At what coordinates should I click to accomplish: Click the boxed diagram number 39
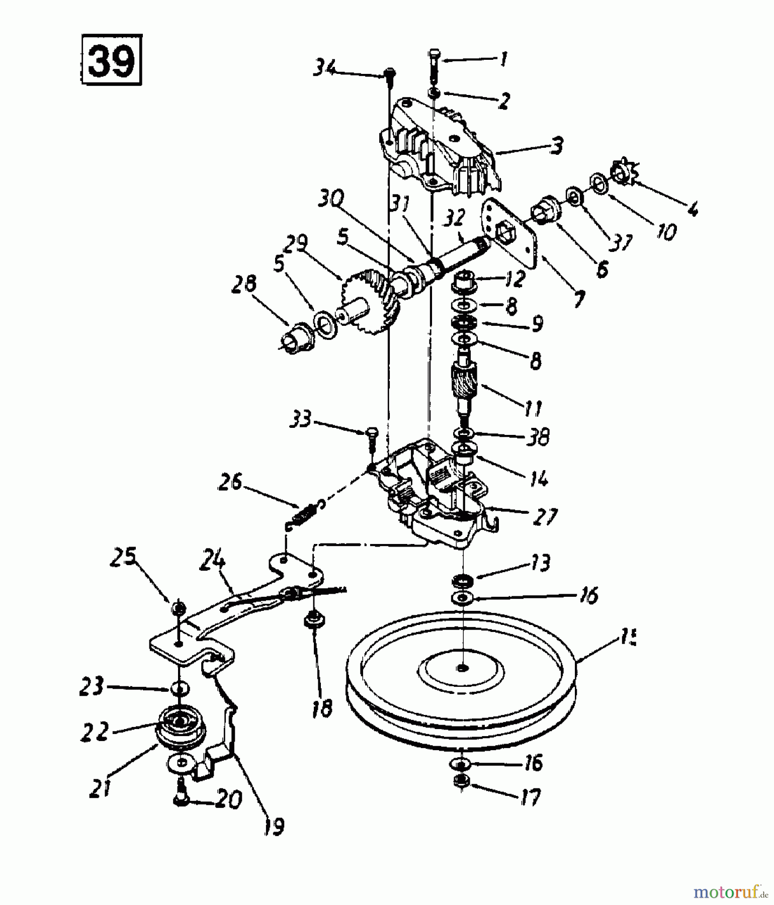click(x=111, y=59)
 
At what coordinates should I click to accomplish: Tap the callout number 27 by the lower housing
click(x=543, y=516)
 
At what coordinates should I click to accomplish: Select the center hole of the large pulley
click(x=461, y=668)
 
